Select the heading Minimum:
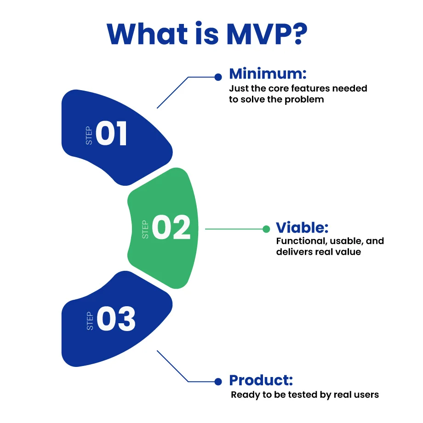(268, 74)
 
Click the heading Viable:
(302, 228)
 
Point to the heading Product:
(261, 381)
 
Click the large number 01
(112, 134)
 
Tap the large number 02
(171, 228)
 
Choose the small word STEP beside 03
(90, 321)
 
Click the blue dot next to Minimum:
(218, 77)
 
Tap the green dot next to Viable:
(266, 229)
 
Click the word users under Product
(367, 394)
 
